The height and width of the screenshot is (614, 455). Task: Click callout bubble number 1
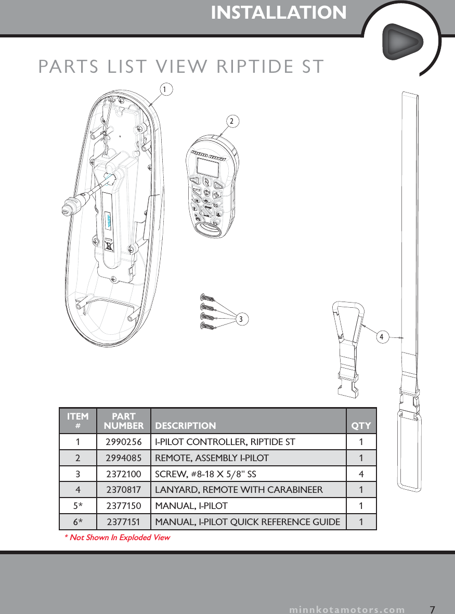point(164,89)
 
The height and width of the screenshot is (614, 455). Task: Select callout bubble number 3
point(240,318)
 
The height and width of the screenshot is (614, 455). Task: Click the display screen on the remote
point(208,168)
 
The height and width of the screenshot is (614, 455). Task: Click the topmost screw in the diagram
point(207,297)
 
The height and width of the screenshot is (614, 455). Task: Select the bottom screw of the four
point(207,326)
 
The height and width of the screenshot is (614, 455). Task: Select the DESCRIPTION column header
point(186,426)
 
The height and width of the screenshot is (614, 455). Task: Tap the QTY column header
point(361,426)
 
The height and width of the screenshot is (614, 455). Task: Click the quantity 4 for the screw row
point(361,474)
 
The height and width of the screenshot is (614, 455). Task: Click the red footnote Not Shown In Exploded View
point(117,537)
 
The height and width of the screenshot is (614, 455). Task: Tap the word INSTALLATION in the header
point(279,13)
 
